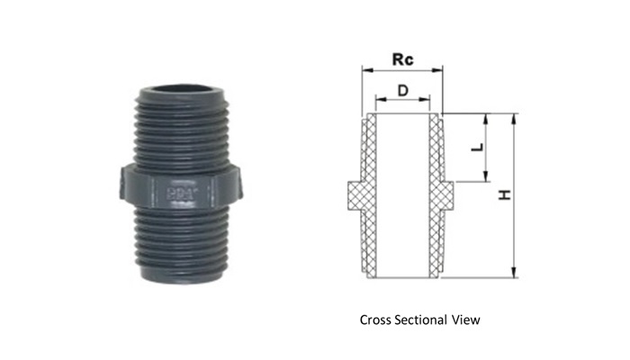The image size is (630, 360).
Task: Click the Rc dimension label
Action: click(x=402, y=59)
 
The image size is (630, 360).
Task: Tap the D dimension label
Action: click(x=402, y=91)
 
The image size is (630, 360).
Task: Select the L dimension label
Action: click(x=477, y=148)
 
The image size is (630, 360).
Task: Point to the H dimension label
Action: click(x=505, y=195)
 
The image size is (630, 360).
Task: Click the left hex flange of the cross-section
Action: click(x=355, y=195)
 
